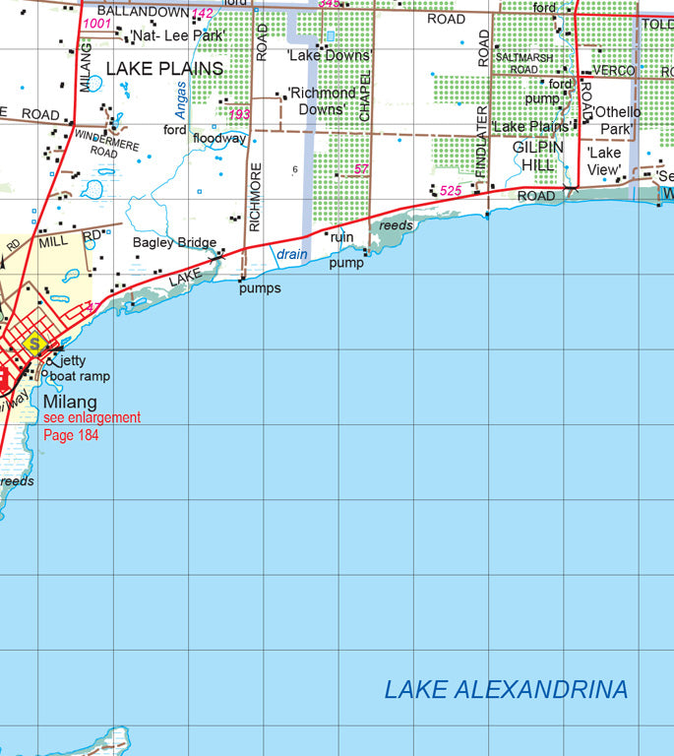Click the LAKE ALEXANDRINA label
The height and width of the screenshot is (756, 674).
point(506,689)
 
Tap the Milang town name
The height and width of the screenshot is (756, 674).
point(70,402)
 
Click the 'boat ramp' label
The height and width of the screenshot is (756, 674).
point(80,376)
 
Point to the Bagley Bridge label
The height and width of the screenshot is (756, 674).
point(174,242)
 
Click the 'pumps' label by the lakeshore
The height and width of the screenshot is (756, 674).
point(260,288)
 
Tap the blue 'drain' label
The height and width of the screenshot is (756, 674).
point(292,254)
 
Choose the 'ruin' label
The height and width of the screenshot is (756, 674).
point(341,237)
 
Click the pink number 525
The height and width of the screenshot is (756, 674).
point(451,190)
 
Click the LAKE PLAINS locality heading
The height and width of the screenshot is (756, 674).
point(164,69)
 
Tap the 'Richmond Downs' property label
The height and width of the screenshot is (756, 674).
point(321,100)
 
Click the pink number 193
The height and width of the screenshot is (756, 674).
point(239,114)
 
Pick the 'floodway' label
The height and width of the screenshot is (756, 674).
point(219,139)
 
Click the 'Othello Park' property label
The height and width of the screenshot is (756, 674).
point(616,119)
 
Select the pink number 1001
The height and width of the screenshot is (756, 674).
point(97,23)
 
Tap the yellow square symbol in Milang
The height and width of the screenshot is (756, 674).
point(36,345)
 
